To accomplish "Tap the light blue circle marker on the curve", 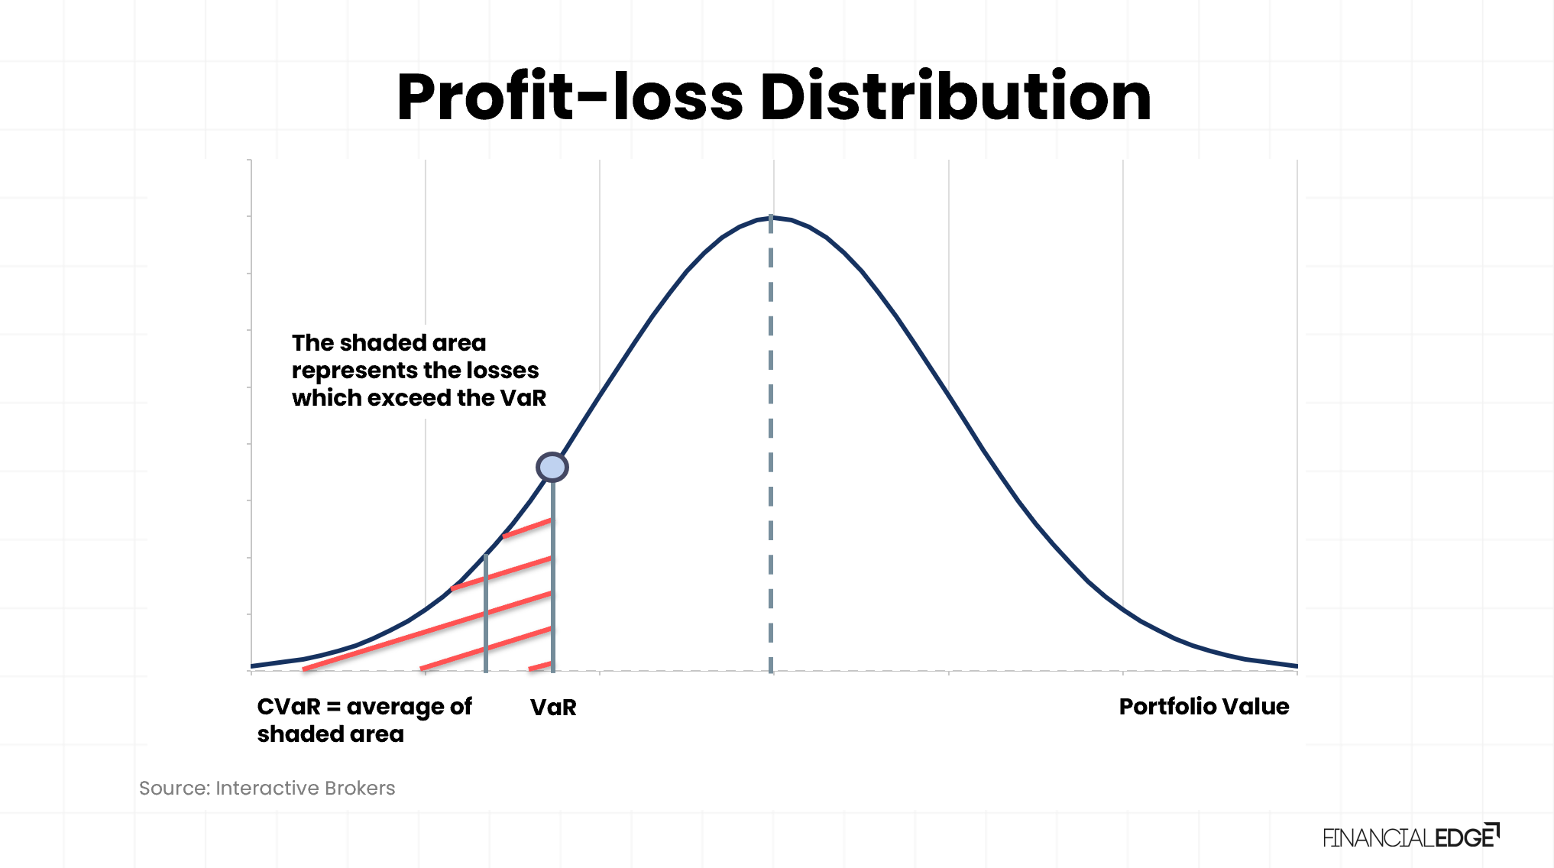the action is point(552,467).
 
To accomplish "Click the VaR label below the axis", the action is point(553,707).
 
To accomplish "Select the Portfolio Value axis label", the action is point(1204,707).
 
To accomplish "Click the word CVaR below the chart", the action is point(289,707).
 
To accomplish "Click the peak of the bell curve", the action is point(771,218).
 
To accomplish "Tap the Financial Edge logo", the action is point(1411,837).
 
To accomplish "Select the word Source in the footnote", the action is point(174,788).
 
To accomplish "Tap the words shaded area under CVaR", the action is point(331,734).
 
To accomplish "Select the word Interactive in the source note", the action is point(267,788).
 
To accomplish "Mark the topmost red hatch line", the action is point(527,528).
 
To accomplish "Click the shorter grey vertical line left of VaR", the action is point(486,613).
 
